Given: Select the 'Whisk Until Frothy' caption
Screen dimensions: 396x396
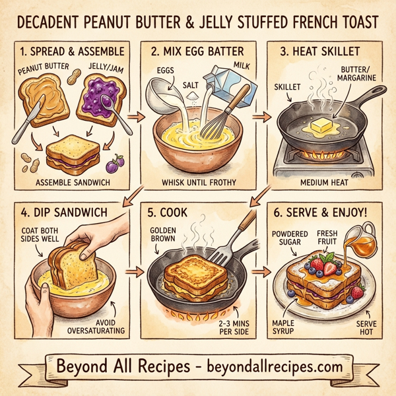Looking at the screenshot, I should pyautogui.click(x=197, y=183).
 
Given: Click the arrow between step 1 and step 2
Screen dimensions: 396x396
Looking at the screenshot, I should pyautogui.click(x=135, y=117).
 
